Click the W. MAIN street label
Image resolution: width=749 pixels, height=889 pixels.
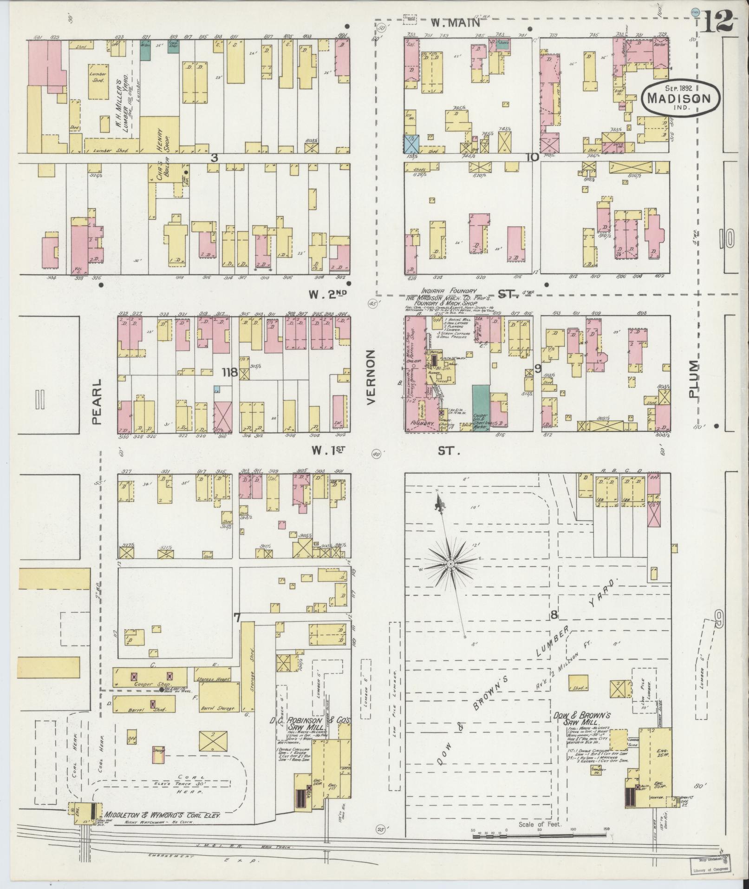point(455,22)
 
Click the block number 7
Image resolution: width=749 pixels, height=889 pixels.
point(237,618)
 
